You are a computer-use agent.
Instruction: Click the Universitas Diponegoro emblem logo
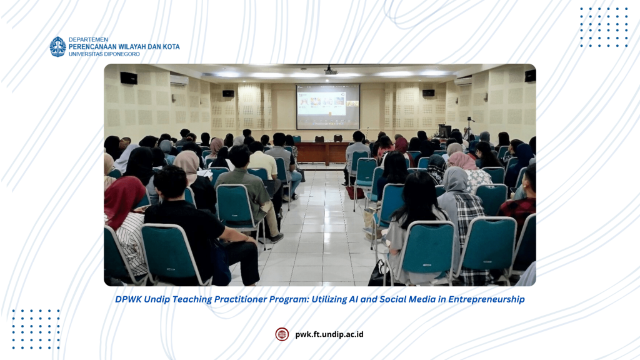(58, 46)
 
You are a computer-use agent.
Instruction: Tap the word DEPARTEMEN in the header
(88, 39)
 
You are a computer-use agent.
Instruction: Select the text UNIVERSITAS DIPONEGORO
(104, 54)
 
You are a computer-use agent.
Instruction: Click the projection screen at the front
(327, 106)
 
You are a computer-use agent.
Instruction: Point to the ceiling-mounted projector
(331, 70)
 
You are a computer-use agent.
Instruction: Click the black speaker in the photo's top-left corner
(129, 78)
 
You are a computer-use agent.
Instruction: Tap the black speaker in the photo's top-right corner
(530, 76)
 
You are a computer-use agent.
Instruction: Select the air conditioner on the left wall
(179, 80)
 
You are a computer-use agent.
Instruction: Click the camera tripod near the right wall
(468, 128)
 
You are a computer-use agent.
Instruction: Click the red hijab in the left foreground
(123, 199)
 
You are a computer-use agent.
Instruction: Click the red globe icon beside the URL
(282, 334)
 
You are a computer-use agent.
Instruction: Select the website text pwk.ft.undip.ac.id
(329, 334)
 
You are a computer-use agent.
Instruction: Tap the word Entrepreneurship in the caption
(486, 299)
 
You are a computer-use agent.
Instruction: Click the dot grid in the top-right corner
(604, 27)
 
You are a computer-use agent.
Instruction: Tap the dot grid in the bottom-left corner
(36, 329)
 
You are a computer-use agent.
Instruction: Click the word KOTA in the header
(171, 47)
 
